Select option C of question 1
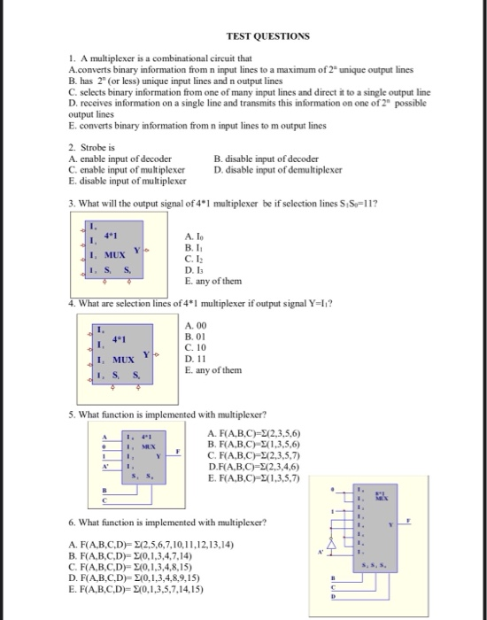(249, 91)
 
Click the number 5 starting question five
(71, 414)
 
